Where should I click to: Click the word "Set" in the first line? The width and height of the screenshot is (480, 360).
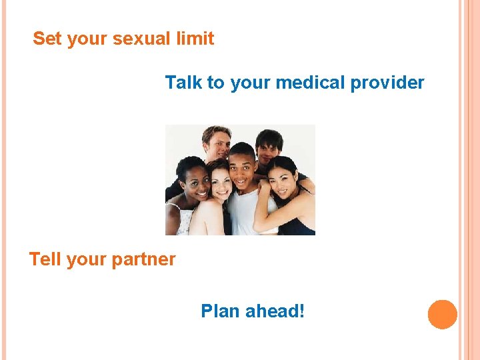point(47,39)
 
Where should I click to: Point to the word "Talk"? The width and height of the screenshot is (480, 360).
point(183,83)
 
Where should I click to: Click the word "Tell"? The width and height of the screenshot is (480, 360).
point(45,259)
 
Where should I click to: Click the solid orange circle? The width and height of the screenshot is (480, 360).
point(443,314)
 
